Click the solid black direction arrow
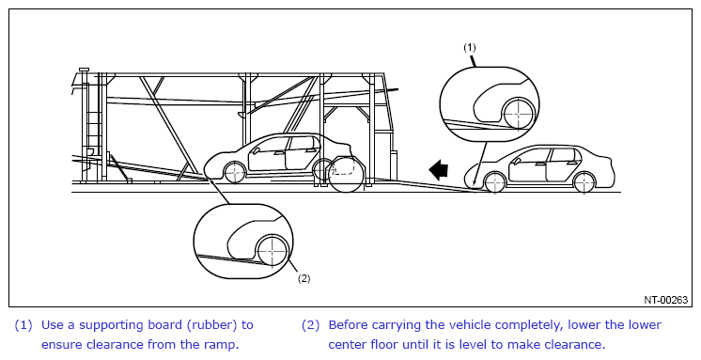(438, 170)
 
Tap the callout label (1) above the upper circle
(470, 47)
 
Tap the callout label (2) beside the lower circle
(304, 278)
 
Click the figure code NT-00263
(665, 300)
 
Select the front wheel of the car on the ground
(495, 182)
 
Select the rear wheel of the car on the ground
(584, 182)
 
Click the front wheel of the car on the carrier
(235, 173)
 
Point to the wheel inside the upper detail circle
(519, 114)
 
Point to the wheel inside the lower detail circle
(272, 251)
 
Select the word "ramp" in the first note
(222, 345)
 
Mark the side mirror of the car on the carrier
(256, 150)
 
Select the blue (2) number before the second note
(310, 325)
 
